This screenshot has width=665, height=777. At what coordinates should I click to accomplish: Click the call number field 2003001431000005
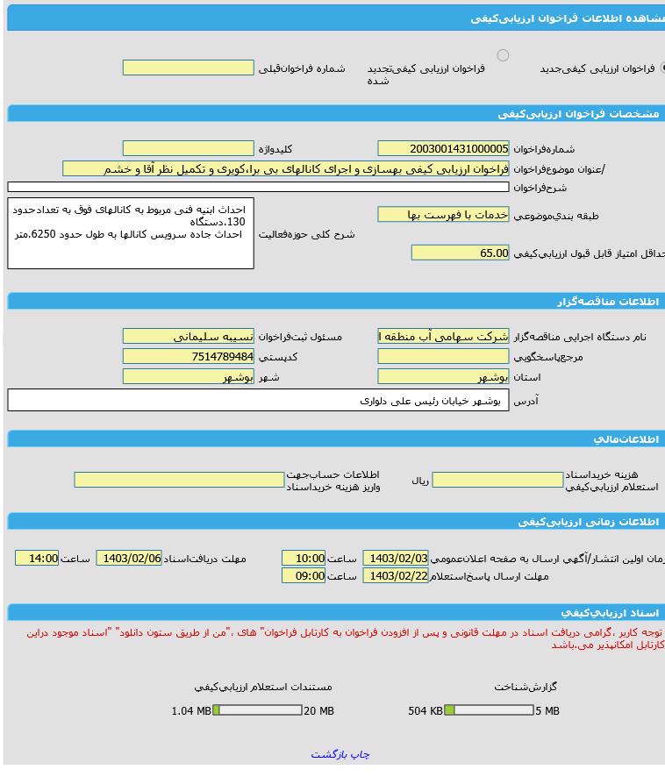click(443, 149)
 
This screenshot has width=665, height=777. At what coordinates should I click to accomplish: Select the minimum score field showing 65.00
click(460, 253)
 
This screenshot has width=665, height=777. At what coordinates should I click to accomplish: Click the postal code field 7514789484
click(188, 357)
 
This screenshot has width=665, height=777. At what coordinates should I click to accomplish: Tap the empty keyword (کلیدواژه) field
click(188, 149)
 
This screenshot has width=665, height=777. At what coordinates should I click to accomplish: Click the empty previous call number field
click(188, 68)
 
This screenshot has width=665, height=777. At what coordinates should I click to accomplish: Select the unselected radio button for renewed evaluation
click(503, 55)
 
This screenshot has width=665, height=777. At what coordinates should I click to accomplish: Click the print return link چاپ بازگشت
click(340, 754)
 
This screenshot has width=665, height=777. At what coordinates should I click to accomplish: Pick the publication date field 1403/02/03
click(396, 559)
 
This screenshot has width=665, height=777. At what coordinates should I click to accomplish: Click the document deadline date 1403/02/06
click(129, 559)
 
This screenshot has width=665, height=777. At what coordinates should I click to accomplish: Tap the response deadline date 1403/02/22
click(396, 576)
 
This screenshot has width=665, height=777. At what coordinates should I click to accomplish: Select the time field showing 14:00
click(37, 559)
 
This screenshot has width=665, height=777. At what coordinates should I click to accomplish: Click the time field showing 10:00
click(304, 559)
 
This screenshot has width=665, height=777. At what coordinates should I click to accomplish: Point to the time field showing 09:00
click(304, 576)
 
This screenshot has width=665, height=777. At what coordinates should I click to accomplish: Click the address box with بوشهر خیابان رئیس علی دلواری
click(258, 401)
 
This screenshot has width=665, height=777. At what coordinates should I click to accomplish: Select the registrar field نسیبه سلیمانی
click(188, 337)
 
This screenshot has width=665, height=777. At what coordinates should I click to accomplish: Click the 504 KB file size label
click(425, 711)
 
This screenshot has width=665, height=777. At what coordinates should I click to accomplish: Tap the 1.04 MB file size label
click(190, 711)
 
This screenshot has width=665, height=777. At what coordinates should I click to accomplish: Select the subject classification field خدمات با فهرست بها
click(443, 215)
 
